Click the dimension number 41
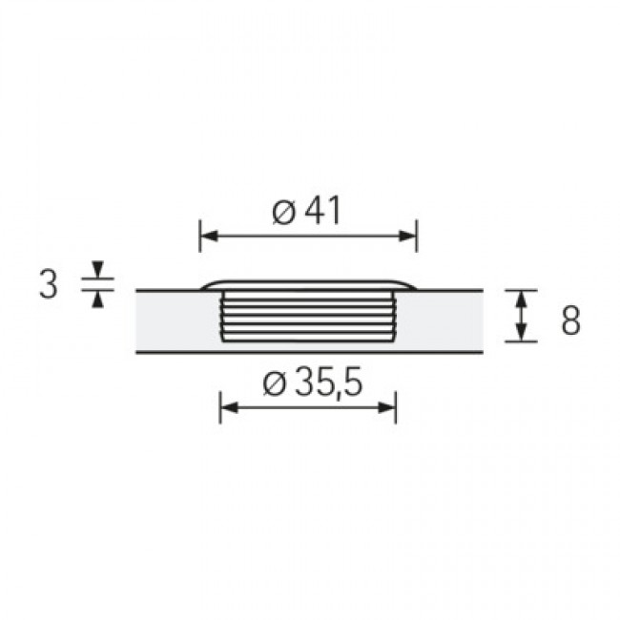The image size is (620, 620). click(x=322, y=211)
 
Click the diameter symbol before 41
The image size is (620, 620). click(x=282, y=212)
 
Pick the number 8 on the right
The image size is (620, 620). click(x=570, y=320)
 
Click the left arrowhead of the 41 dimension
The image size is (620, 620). click(x=207, y=235)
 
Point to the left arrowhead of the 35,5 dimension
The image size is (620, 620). click(x=228, y=407)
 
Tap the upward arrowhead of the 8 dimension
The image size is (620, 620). click(x=521, y=299)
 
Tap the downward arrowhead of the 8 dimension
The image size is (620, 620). click(x=521, y=333)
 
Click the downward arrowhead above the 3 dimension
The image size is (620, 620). click(x=98, y=269)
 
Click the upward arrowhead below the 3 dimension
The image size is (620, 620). click(x=98, y=299)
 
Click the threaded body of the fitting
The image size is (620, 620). click(x=308, y=315)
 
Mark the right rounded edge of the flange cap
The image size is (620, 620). click(x=408, y=285)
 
